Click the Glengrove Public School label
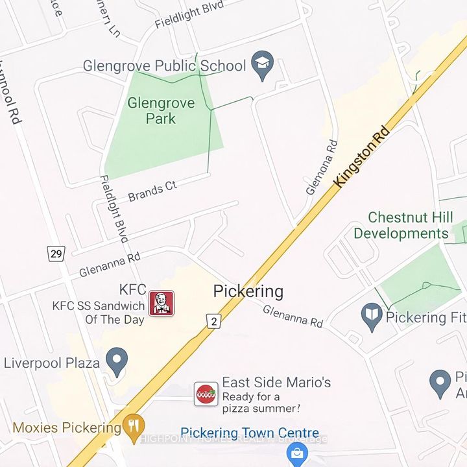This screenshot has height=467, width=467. (164, 66)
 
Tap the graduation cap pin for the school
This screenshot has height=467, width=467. (262, 65)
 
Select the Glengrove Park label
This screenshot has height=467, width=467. (151, 110)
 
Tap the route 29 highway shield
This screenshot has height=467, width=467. (56, 253)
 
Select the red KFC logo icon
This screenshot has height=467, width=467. (162, 303)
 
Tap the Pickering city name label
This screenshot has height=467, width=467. (248, 291)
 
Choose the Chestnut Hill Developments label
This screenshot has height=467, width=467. (400, 225)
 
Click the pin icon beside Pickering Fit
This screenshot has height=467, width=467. (372, 317)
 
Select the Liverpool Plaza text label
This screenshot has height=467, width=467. (52, 362)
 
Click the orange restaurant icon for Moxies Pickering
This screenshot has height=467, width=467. (134, 427)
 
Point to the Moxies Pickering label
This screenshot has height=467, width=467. (66, 427)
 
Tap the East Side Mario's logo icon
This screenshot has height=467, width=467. (206, 394)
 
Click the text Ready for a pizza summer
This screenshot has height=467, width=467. (261, 402)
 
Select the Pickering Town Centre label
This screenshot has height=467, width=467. (250, 433)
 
